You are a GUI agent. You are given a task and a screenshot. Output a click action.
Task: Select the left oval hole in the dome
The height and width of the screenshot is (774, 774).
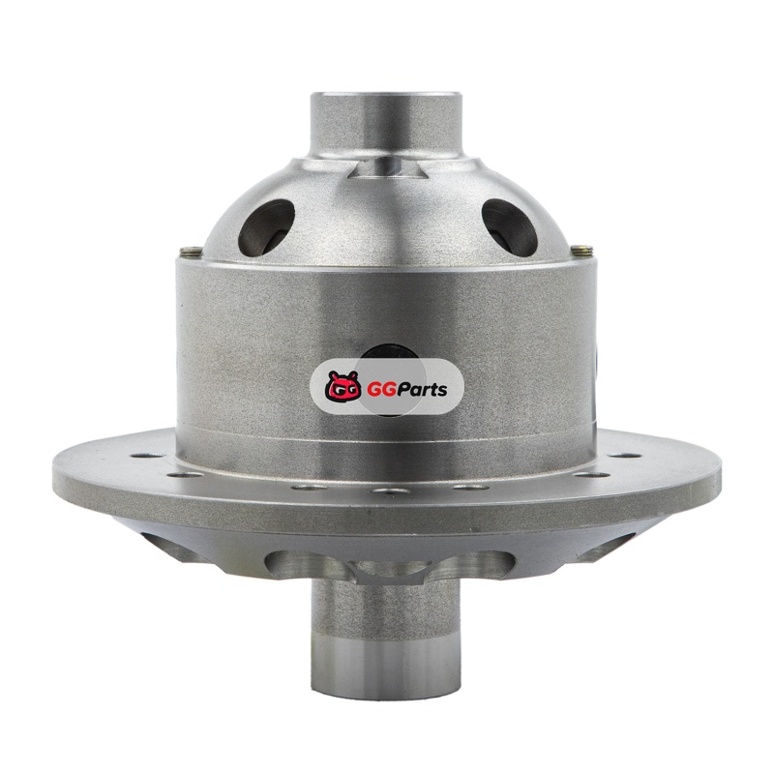point(267,227)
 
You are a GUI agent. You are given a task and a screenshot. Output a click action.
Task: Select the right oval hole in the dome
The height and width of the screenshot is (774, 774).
point(510,226)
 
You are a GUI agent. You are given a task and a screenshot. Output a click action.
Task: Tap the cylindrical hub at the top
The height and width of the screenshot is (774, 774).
point(387,124)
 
